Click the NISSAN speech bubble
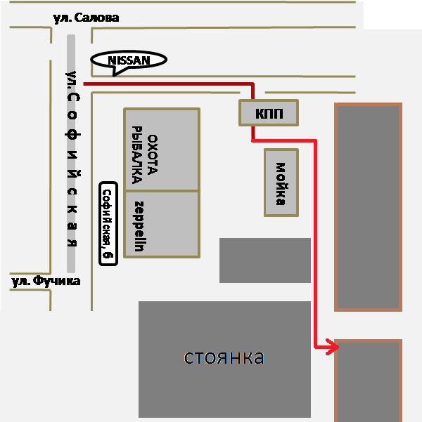click(x=129, y=60)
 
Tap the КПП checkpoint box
click(x=268, y=113)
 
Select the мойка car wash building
click(x=281, y=183)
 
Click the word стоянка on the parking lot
click(x=224, y=357)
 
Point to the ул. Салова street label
click(x=87, y=18)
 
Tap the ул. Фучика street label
click(x=46, y=282)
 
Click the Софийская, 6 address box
click(x=107, y=225)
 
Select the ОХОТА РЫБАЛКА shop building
click(x=161, y=150)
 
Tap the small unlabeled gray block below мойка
click(x=265, y=261)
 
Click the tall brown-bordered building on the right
click(x=368, y=207)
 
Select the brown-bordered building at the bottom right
click(x=368, y=381)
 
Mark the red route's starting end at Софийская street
click(x=86, y=84)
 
